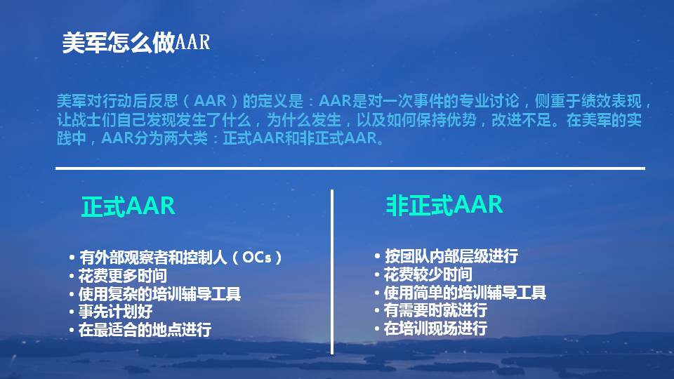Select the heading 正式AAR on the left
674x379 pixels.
click(x=128, y=207)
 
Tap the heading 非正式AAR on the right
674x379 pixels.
click(x=444, y=205)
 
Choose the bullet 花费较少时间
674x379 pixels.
click(x=428, y=274)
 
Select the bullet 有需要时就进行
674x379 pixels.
click(x=435, y=310)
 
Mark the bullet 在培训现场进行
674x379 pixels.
click(x=435, y=328)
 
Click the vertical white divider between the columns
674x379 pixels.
click(x=332, y=267)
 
